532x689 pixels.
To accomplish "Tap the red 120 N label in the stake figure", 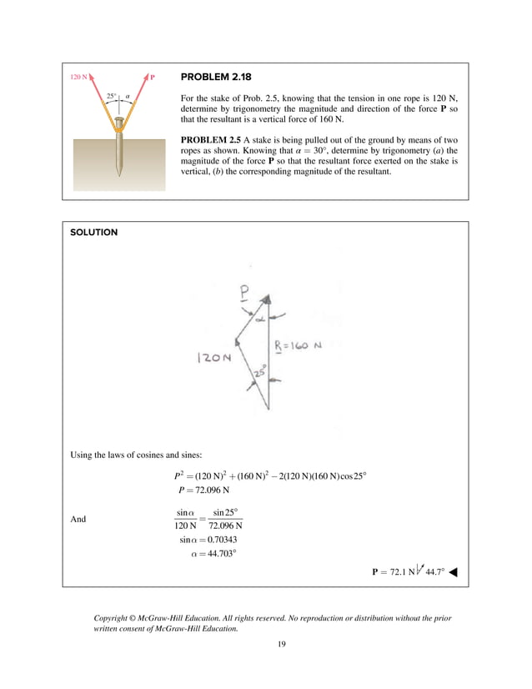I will [79, 77].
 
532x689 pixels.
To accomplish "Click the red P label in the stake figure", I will [153, 77].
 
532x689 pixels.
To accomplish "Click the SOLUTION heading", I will [93, 233].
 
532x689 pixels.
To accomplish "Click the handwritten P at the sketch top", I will [243, 293].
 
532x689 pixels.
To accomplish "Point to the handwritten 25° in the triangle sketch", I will [260, 373].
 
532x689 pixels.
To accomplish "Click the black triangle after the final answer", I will [458, 573].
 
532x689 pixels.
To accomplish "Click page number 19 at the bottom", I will [265, 644].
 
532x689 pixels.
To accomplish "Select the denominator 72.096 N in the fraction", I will [225, 526].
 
